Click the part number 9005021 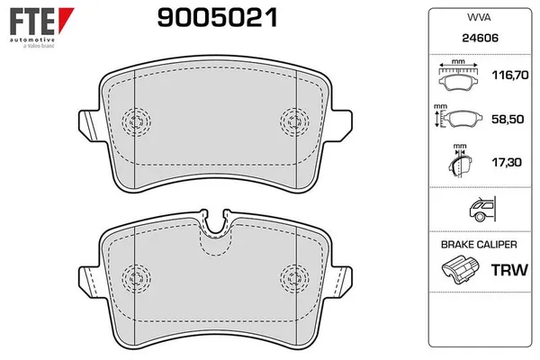(217, 18)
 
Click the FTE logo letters (31, 22)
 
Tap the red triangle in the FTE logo (65, 19)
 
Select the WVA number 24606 (480, 38)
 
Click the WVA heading (479, 17)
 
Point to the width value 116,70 (510, 75)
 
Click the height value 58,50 (508, 119)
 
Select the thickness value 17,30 (507, 162)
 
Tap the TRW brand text (509, 270)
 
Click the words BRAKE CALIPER (479, 245)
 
